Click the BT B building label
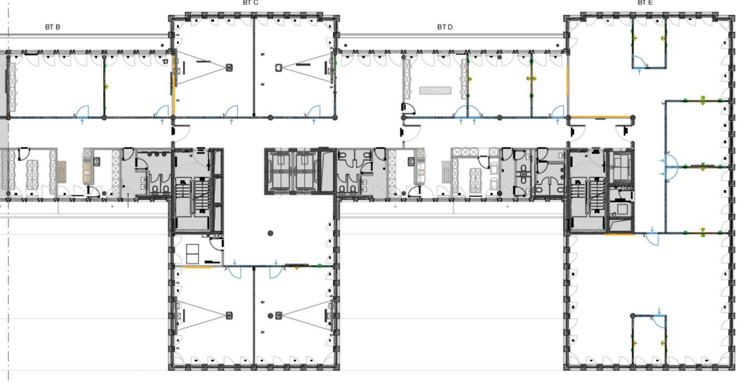coord(53,27)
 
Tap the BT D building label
coord(445,27)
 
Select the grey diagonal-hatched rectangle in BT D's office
coord(435,90)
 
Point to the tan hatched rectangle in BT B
coord(61,171)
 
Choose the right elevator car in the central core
coord(305,170)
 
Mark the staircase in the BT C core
coord(192,197)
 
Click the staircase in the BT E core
coord(588,197)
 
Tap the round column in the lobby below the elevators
coord(270,233)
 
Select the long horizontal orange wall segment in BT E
coord(600,117)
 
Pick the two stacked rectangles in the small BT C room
coord(193,254)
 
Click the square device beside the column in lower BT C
coord(279,315)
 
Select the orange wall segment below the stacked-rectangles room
coord(198,267)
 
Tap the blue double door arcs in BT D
coord(467,111)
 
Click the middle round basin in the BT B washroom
coord(157,155)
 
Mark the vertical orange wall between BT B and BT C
coord(174,85)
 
